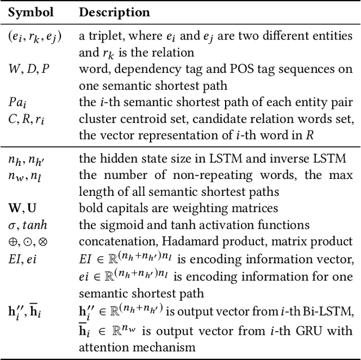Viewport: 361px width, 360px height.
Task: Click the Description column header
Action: coord(115,12)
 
